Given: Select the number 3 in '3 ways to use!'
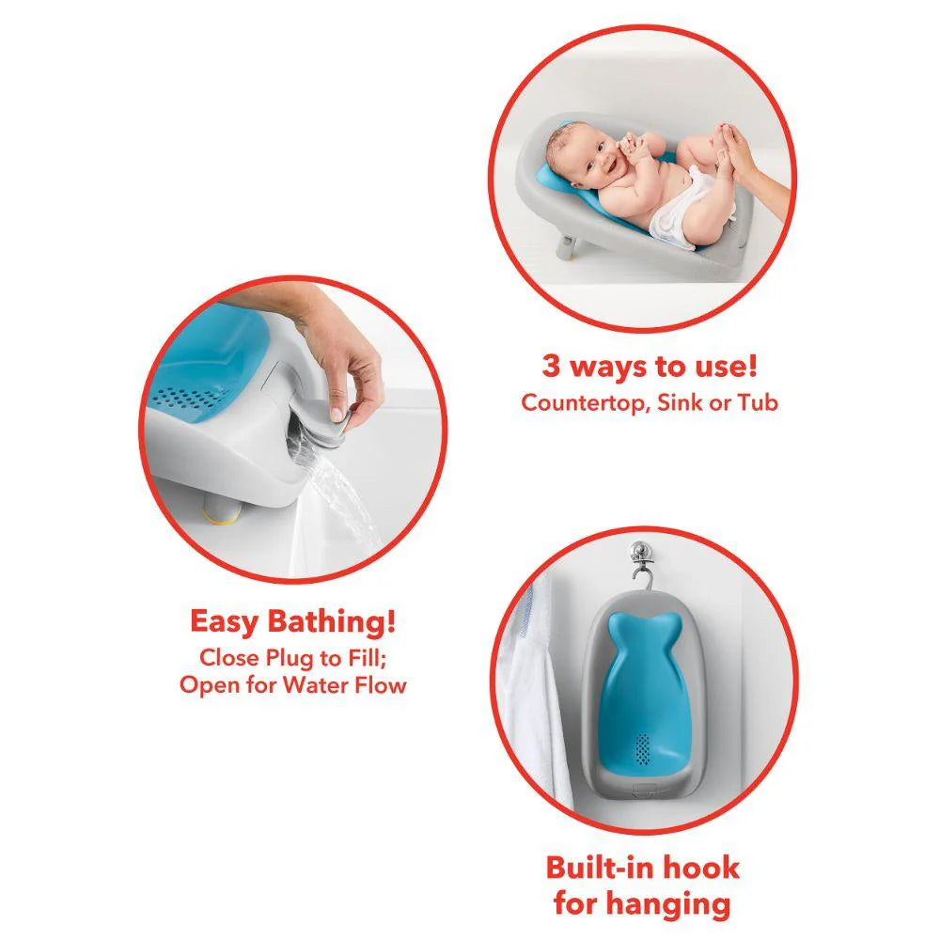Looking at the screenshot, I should click(551, 367).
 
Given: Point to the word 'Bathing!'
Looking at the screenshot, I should click(335, 622).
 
